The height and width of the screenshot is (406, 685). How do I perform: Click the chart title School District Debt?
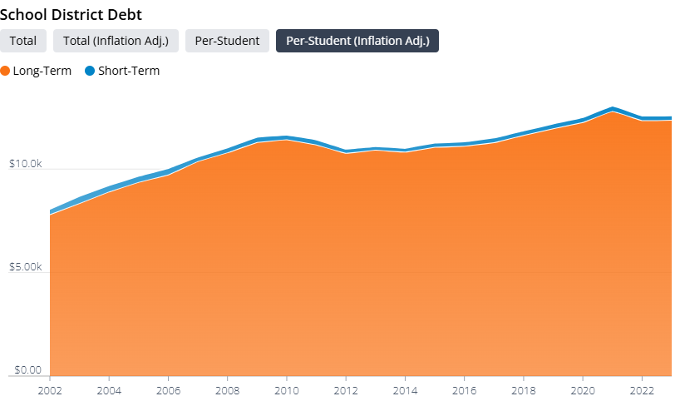coord(71,14)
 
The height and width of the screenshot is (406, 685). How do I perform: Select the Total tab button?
coord(22,41)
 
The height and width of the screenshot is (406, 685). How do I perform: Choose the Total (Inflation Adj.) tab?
coord(116,41)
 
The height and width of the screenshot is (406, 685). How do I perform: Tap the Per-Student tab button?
coord(227,41)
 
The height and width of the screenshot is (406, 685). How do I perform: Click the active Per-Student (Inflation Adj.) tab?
coord(357,41)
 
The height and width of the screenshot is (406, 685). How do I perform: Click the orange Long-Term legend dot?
coord(6,71)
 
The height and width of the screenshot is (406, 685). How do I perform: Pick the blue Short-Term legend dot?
coord(90,71)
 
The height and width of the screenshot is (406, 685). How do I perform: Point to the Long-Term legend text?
coord(42,71)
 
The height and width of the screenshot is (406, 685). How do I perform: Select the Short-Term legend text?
coord(129,71)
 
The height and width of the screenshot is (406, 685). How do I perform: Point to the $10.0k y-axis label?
coord(25,164)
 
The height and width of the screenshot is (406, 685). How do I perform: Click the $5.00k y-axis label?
coord(25,267)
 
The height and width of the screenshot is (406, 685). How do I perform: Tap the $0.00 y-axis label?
coord(25,370)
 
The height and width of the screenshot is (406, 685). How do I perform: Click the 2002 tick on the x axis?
coord(50,389)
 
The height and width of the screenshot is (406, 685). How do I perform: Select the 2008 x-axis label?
coord(228,389)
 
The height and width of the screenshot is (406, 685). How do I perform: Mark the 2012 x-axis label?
coord(346,389)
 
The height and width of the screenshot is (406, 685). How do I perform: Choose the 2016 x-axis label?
coord(464,389)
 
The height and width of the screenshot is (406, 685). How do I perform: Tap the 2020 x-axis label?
coord(583,389)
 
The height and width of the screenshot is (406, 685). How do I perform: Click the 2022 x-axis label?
coord(642,389)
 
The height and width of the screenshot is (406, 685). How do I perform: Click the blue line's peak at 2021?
coord(613,108)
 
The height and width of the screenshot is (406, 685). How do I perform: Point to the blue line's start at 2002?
coord(51,211)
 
